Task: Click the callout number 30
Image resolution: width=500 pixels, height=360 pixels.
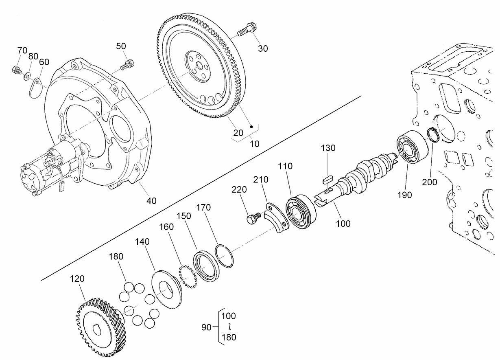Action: [263, 48]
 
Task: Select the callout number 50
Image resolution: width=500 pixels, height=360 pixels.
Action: [121, 46]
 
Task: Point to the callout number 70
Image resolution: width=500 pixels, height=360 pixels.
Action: [22, 50]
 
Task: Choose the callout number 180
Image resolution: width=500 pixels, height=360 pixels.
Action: [116, 257]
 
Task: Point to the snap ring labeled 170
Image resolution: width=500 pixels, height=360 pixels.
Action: [225, 255]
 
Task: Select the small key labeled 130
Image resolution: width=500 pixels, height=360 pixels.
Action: [328, 178]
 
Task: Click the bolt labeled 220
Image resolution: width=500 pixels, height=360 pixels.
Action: [252, 219]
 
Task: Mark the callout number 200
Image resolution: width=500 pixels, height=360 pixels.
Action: [429, 182]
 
